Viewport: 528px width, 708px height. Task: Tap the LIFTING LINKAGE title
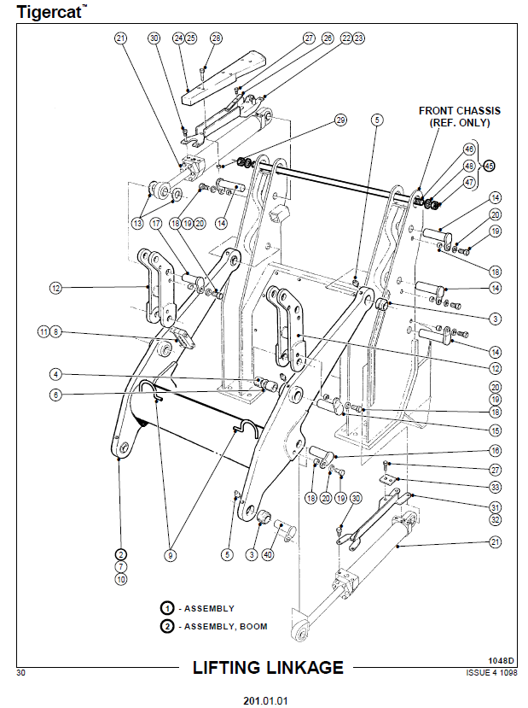click(x=267, y=668)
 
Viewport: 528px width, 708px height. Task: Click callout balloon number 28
click(x=215, y=38)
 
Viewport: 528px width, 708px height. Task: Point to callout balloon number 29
click(x=340, y=121)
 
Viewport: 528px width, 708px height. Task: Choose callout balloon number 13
click(x=137, y=224)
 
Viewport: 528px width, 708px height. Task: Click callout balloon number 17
click(x=155, y=224)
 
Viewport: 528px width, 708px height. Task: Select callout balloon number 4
click(x=55, y=374)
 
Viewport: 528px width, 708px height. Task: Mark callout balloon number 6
click(x=55, y=395)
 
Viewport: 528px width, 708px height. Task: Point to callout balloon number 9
click(x=171, y=555)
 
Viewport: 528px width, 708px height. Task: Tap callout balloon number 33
click(x=495, y=487)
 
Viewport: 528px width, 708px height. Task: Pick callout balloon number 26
click(x=328, y=38)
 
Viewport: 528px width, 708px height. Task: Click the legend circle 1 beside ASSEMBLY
click(x=167, y=607)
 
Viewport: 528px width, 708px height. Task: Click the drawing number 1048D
click(x=500, y=660)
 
